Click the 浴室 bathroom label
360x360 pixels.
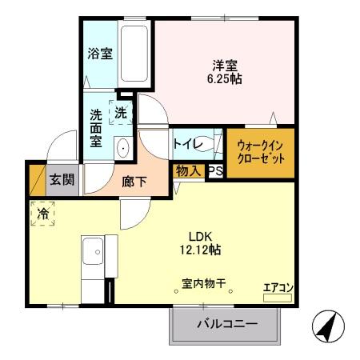100,54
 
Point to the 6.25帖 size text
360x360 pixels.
225,79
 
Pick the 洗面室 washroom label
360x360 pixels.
96,127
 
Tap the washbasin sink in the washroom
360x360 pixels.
124,147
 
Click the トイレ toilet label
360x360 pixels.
186,143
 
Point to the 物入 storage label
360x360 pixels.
188,171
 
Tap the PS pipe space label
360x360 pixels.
214,171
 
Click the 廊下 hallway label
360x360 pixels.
134,182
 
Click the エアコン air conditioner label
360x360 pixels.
278,288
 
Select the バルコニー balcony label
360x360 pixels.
227,324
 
